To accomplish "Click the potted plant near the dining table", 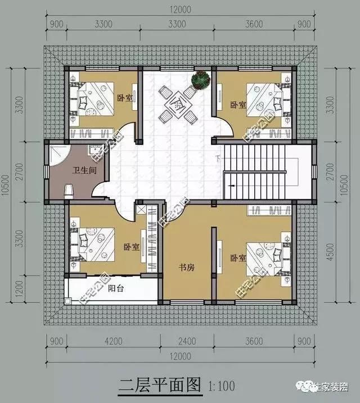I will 199,80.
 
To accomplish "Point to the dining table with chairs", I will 176,104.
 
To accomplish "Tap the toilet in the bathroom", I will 69,190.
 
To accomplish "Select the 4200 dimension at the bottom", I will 112,340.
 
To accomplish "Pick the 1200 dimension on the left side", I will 20,287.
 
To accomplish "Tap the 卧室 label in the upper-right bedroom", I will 238,105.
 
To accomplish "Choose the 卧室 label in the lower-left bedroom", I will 132,247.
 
